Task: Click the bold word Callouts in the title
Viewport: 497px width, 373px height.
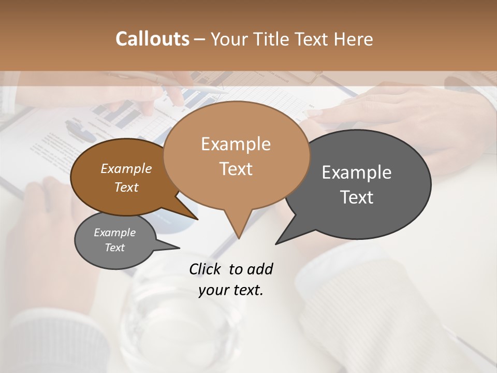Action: click(152, 39)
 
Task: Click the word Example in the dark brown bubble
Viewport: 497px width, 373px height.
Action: click(126, 169)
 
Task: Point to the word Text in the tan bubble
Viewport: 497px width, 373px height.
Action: click(236, 169)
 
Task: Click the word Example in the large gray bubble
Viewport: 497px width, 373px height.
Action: click(357, 173)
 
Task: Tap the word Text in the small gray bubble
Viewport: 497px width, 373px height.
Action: click(114, 248)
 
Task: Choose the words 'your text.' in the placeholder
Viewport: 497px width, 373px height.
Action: click(231, 290)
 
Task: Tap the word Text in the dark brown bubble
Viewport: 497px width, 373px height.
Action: click(126, 188)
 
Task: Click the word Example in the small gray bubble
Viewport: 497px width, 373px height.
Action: click(114, 233)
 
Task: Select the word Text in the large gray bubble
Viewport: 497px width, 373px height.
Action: click(357, 197)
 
